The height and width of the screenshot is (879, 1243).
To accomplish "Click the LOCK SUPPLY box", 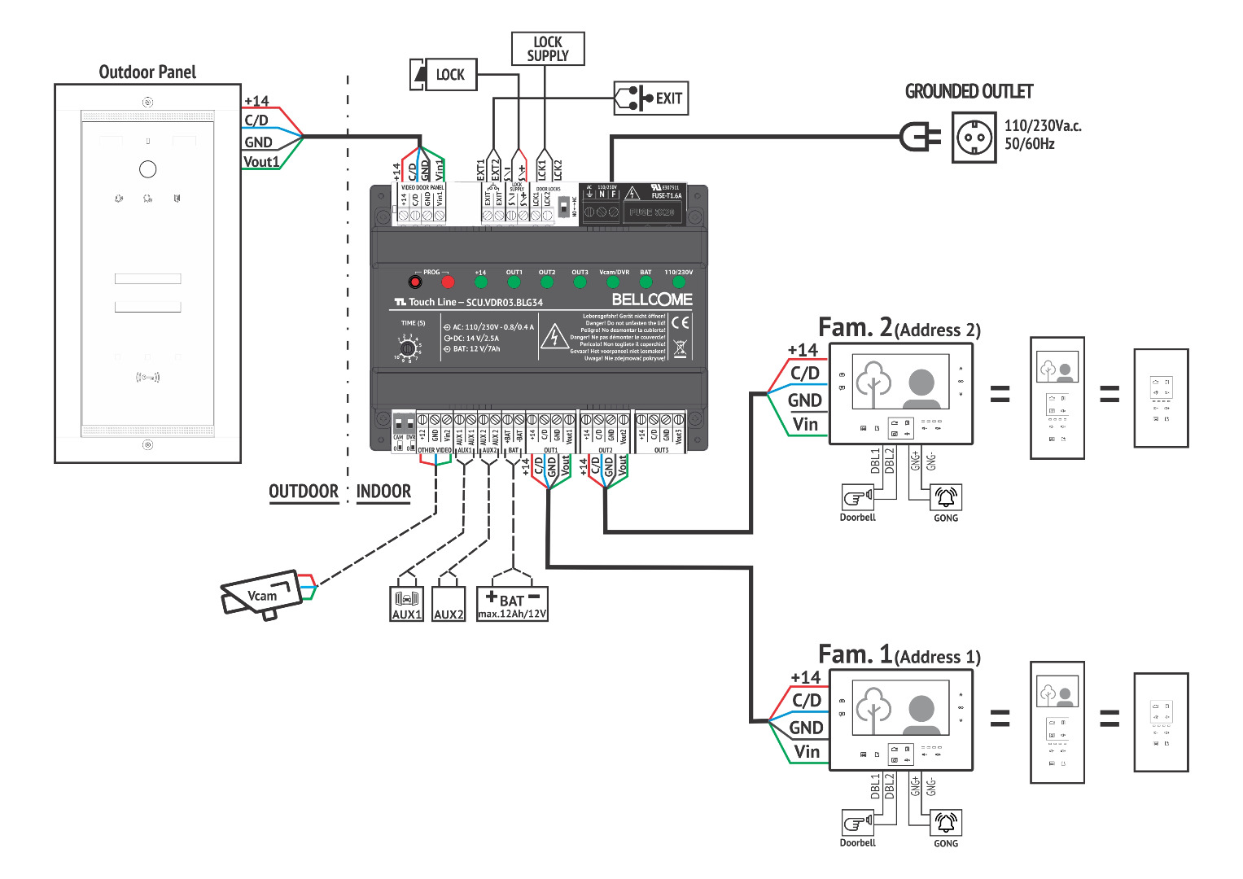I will (x=547, y=49).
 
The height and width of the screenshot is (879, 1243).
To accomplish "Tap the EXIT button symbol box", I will (x=650, y=98).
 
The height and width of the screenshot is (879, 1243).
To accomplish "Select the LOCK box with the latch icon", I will (x=443, y=75).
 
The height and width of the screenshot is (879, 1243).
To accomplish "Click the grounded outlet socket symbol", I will (x=974, y=138).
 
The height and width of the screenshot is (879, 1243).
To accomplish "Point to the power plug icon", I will (x=920, y=137).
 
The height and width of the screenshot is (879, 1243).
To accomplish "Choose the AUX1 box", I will (x=407, y=604).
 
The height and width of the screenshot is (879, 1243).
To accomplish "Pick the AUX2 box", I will (x=449, y=605).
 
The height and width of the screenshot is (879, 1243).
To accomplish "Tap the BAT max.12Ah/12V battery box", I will (x=512, y=605).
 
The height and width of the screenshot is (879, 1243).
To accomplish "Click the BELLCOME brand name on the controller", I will (x=652, y=300).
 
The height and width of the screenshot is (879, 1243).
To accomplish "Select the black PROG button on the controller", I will (x=414, y=282).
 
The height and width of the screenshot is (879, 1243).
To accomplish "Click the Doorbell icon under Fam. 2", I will (x=857, y=496).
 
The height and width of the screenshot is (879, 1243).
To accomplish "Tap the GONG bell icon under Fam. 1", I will (x=946, y=822).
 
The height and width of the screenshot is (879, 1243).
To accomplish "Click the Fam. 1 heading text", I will (x=855, y=654).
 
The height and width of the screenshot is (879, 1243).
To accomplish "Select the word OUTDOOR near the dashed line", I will (x=304, y=492).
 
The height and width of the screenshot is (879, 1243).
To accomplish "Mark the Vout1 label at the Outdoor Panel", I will (x=261, y=162).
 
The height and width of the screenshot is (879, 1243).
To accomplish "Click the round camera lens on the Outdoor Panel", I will (x=147, y=169).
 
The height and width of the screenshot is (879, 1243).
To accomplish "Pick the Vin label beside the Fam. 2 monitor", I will (x=805, y=424).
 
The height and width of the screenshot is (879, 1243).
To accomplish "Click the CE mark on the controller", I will (x=680, y=322).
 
